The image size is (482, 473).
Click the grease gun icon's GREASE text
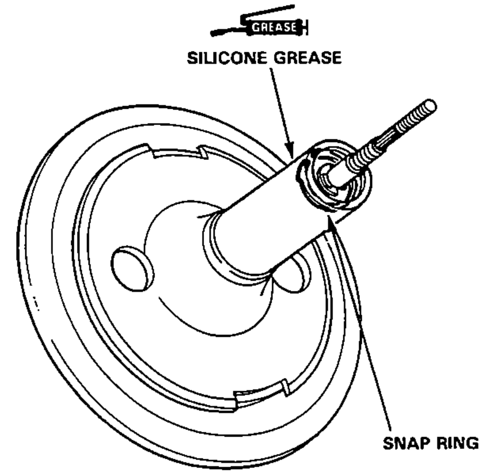tap(274, 27)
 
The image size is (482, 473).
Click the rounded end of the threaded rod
tap(430, 106)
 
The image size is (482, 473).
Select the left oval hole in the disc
tap(133, 268)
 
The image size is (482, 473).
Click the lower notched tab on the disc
tap(261, 395)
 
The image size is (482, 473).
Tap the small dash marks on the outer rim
tap(36, 303)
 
